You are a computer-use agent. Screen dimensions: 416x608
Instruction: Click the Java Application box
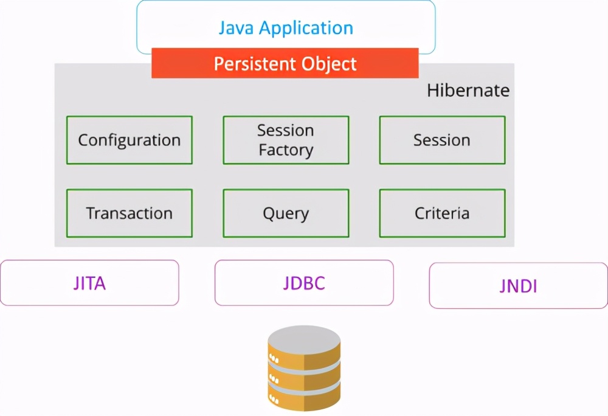click(x=286, y=27)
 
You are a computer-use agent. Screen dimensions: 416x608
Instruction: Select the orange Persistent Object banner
click(x=285, y=63)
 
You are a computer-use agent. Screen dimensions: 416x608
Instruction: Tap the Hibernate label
click(x=468, y=91)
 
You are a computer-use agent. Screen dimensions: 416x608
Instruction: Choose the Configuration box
click(x=130, y=140)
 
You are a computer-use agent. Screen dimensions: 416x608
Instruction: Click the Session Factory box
click(x=286, y=140)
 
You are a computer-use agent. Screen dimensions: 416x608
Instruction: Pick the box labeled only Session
click(x=442, y=140)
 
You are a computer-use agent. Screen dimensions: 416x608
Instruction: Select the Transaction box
click(x=130, y=213)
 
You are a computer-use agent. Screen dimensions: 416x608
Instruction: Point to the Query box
click(x=286, y=213)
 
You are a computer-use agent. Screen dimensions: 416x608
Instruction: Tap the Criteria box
click(x=442, y=213)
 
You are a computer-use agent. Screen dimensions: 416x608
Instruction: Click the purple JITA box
click(x=89, y=283)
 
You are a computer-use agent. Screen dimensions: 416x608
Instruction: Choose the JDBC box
click(x=304, y=283)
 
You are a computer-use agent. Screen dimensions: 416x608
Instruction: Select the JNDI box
click(x=518, y=286)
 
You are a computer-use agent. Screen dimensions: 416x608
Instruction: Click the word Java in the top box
click(x=237, y=27)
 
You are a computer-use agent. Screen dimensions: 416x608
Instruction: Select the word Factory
click(x=286, y=150)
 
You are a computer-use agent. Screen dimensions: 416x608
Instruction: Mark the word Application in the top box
click(x=306, y=27)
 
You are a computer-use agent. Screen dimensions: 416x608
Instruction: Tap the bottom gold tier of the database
click(x=304, y=398)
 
